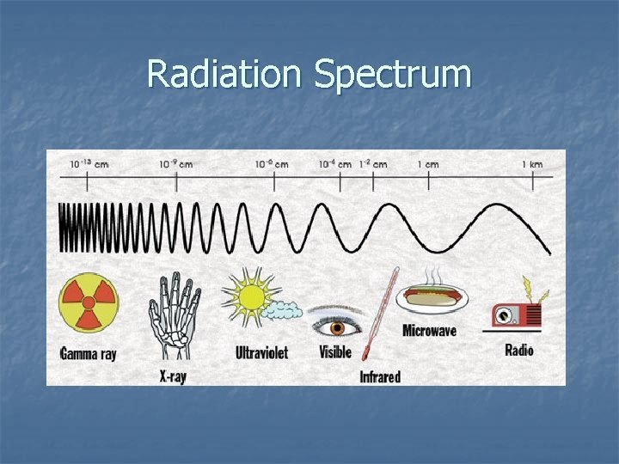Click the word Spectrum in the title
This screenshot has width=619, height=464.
[x=393, y=76]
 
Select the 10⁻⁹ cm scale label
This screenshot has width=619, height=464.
[x=175, y=163]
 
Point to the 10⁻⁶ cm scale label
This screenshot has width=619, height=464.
[x=272, y=163]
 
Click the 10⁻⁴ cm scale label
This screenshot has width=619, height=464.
[x=335, y=163]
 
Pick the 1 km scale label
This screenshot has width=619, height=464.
[x=532, y=163]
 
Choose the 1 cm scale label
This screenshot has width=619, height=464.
[x=428, y=163]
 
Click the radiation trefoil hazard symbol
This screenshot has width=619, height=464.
[x=88, y=303]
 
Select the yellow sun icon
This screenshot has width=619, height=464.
[x=252, y=297]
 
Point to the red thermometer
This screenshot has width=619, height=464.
[x=380, y=314]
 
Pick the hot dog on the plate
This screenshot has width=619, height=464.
[x=434, y=298]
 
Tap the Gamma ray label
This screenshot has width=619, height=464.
[x=88, y=352]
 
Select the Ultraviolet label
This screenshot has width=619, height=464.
[x=261, y=352]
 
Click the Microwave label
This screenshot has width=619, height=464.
[x=429, y=331]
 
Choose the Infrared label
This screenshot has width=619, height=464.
[x=379, y=376]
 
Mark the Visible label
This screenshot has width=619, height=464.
[x=335, y=352]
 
